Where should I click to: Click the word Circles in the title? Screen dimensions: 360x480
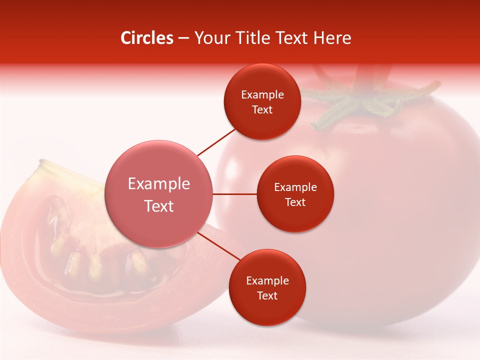click(147, 38)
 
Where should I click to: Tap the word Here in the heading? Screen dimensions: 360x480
click(332, 38)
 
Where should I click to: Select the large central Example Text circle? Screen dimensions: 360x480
click(159, 194)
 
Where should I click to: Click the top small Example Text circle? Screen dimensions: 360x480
click(262, 101)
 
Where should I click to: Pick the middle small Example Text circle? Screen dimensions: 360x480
click(295, 194)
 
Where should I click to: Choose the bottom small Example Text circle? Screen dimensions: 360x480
click(267, 287)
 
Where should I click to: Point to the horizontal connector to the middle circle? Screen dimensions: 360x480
click(234, 194)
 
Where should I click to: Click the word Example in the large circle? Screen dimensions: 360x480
click(159, 184)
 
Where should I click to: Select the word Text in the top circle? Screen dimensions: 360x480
click(262, 109)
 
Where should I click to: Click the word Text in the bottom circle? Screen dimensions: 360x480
click(267, 295)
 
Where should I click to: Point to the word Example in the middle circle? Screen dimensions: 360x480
click(295, 187)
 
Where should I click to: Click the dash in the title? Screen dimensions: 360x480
click(183, 38)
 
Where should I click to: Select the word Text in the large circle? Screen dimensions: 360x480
click(159, 206)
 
